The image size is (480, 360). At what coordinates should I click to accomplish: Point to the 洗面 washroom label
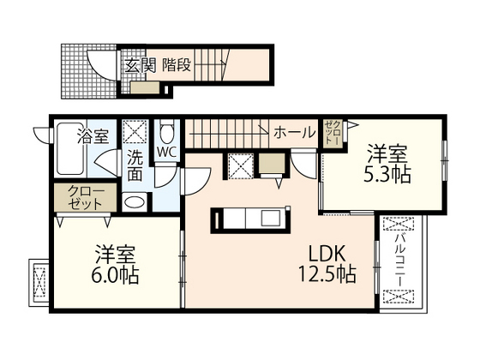point(136,165)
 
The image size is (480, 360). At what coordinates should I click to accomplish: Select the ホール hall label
point(293,133)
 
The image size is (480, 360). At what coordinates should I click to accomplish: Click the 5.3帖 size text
point(389,174)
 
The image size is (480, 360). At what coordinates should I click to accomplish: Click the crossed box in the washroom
point(135,131)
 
